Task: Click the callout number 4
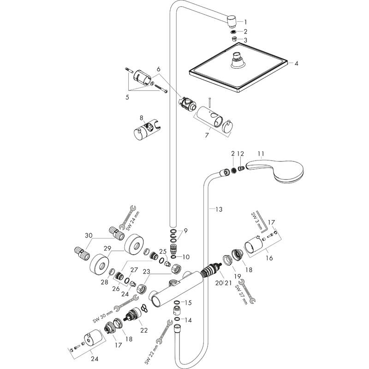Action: click(x=296, y=63)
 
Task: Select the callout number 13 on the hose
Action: click(x=219, y=209)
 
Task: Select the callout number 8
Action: click(x=142, y=118)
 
